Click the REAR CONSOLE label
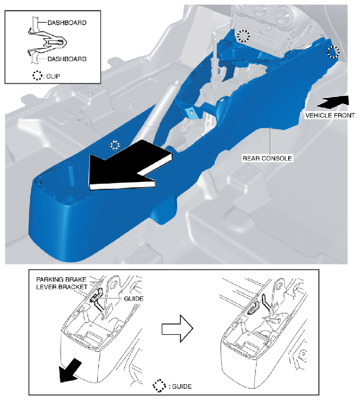[x=267, y=158]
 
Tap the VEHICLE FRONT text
[x=330, y=115]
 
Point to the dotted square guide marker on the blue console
[x=115, y=145]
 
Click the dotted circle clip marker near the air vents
[x=243, y=36]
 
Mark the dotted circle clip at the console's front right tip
[x=333, y=52]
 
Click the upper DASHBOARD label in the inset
[x=67, y=22]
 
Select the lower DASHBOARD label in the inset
[x=67, y=59]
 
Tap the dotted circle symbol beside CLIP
[x=37, y=76]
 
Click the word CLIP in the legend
[x=53, y=76]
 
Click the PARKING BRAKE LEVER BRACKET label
[x=61, y=283]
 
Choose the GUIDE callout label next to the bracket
[x=134, y=298]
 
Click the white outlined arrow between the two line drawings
[x=177, y=329]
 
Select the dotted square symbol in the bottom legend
[x=159, y=386]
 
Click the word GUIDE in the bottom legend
[x=182, y=387]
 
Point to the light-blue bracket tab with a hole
[x=192, y=112]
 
